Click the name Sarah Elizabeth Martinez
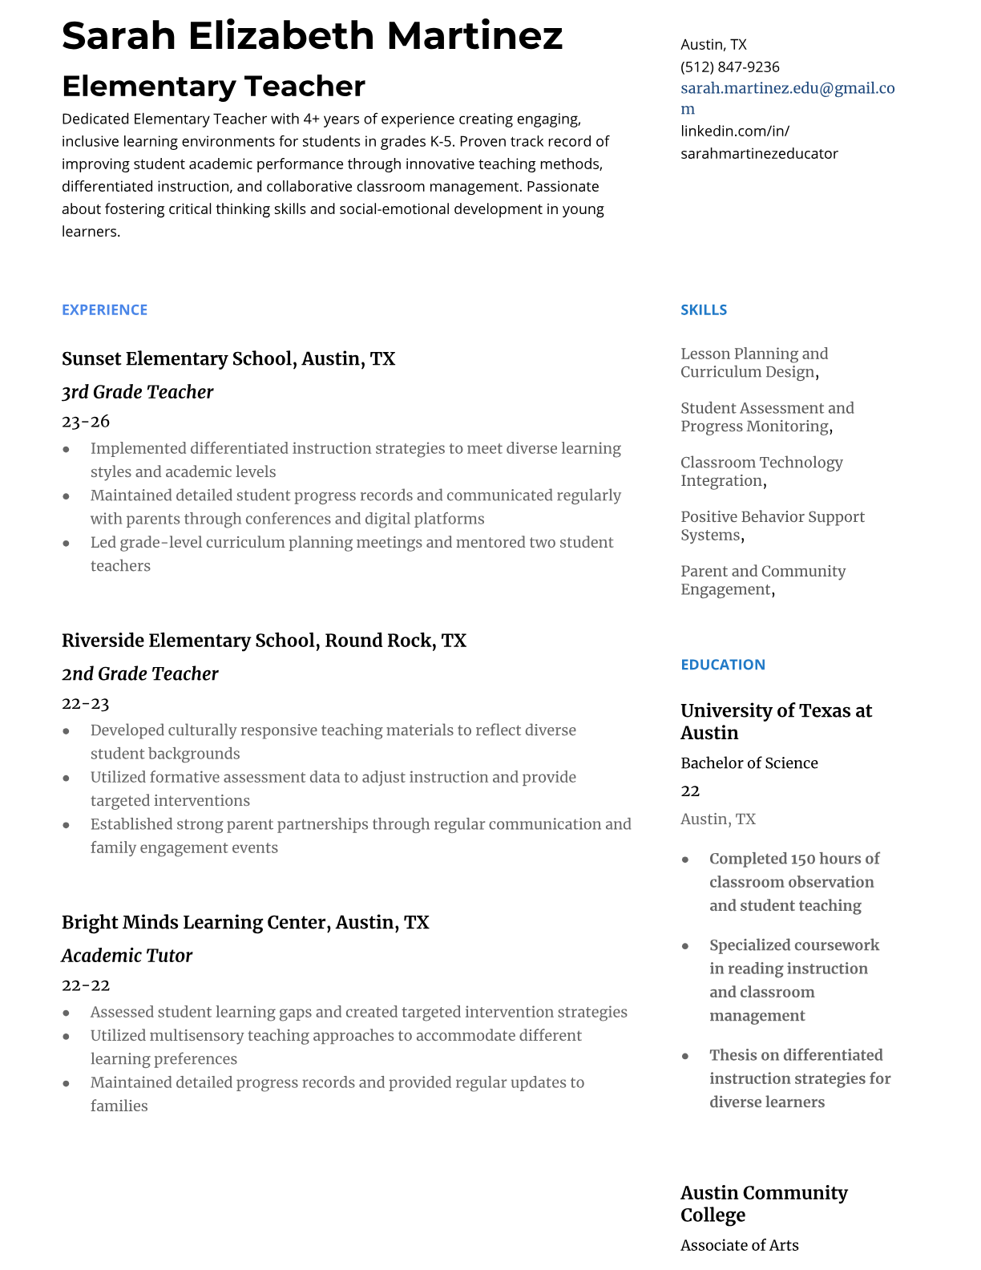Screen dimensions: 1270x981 point(312,36)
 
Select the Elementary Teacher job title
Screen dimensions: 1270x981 point(213,86)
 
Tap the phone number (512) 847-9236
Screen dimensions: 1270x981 point(729,67)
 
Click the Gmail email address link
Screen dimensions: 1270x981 point(787,89)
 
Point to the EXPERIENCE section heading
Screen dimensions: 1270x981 point(104,309)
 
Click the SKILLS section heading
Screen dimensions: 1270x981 point(704,309)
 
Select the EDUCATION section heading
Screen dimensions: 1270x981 point(722,664)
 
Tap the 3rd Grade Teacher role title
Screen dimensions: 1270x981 point(137,392)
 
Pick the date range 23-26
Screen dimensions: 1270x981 point(86,421)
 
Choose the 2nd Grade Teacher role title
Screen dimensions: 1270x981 point(139,673)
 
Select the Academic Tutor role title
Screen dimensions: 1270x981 point(127,955)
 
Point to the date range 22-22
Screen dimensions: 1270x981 point(86,985)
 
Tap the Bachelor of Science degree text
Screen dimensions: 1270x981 point(749,762)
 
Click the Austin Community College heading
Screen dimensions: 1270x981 point(763,1203)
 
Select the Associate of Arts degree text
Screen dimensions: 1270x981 point(739,1245)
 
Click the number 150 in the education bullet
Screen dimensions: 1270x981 point(803,859)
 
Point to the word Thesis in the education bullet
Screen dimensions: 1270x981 point(734,1055)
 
